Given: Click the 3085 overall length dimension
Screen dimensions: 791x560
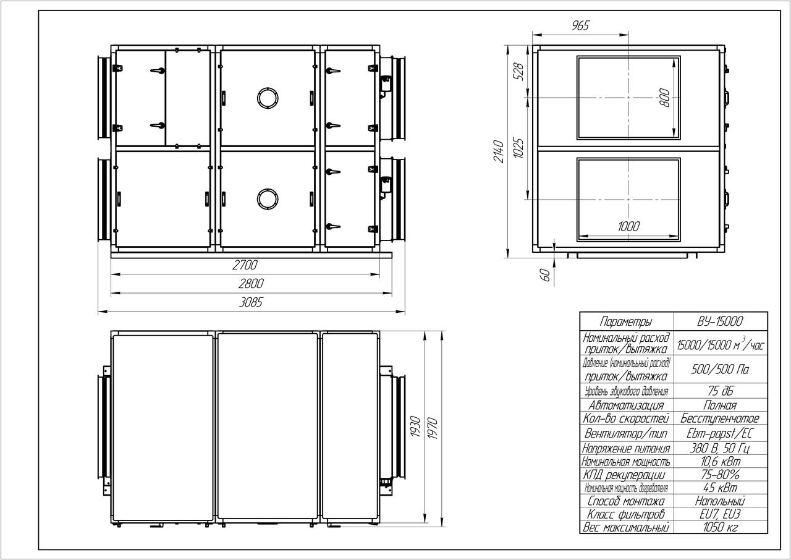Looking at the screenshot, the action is pyautogui.click(x=251, y=302).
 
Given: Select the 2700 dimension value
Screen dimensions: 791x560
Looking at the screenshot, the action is pyautogui.click(x=245, y=265).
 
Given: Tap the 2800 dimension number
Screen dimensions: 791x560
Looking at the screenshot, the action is pyautogui.click(x=251, y=284).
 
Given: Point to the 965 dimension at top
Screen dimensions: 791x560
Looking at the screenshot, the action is pyautogui.click(x=580, y=25).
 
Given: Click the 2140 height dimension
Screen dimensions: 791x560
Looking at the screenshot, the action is pyautogui.click(x=499, y=151).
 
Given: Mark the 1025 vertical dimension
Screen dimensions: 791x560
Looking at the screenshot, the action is pyautogui.click(x=518, y=148).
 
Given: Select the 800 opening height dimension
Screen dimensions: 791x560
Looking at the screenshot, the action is pyautogui.click(x=664, y=98).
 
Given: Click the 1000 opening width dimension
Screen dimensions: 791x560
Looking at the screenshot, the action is pyautogui.click(x=628, y=226).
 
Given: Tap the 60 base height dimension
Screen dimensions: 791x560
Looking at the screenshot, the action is pyautogui.click(x=546, y=274).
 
